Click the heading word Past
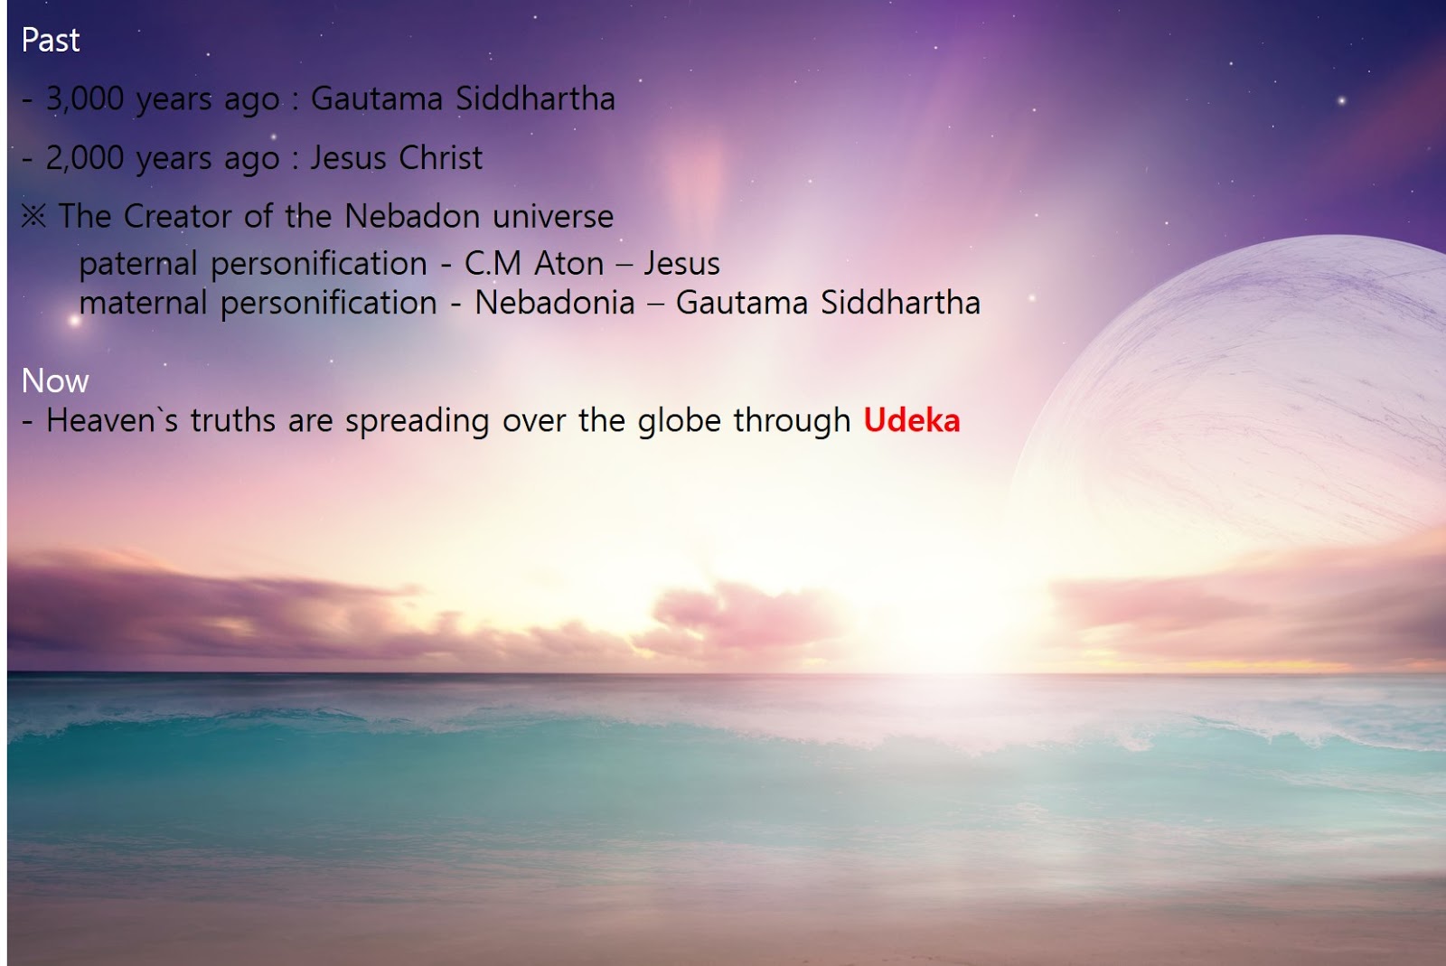click(51, 40)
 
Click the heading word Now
click(55, 380)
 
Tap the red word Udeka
click(912, 420)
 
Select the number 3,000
click(85, 99)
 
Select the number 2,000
click(85, 158)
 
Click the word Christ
click(440, 157)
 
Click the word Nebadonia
click(555, 303)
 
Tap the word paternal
click(137, 264)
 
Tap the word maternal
click(143, 303)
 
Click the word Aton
click(568, 263)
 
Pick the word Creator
click(177, 216)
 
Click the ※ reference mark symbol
click(33, 216)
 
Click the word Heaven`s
click(112, 420)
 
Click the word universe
click(552, 217)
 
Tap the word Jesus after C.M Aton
click(681, 263)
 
